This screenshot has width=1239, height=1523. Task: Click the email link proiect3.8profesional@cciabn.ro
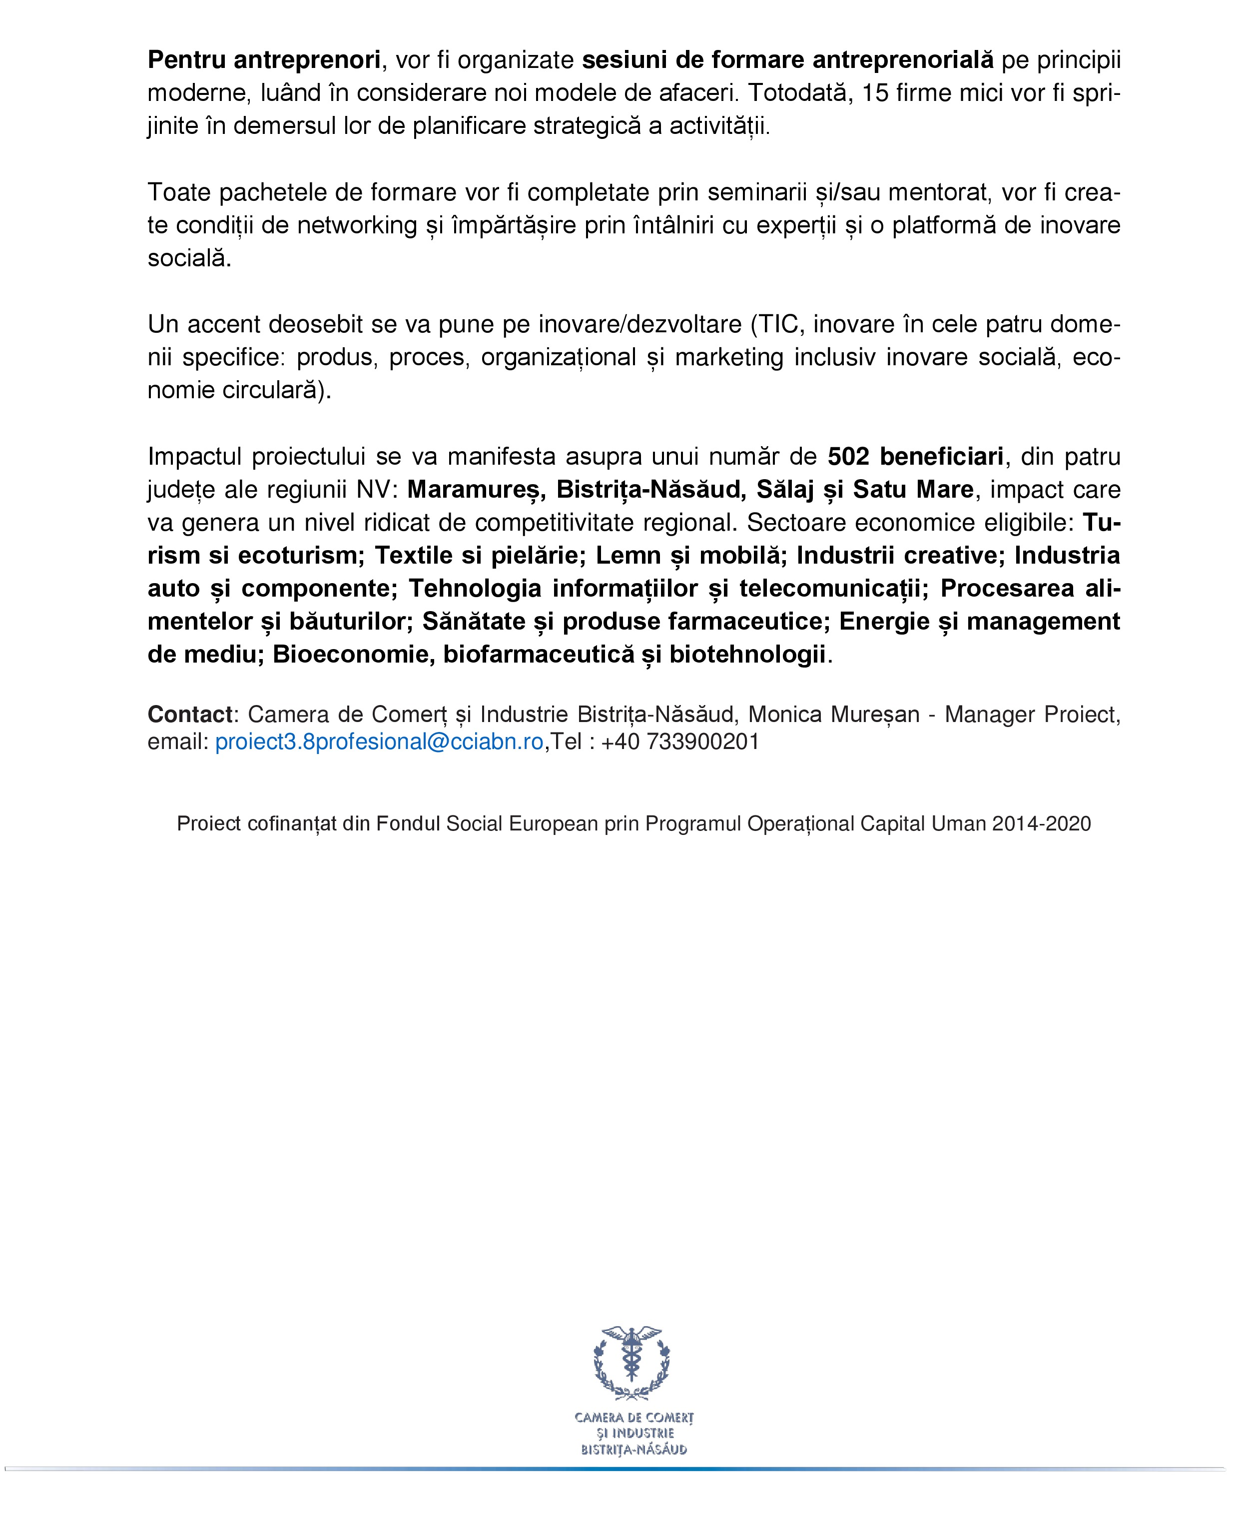point(379,742)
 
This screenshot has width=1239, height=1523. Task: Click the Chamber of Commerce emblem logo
point(632,1363)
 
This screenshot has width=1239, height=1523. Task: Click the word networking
point(357,225)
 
